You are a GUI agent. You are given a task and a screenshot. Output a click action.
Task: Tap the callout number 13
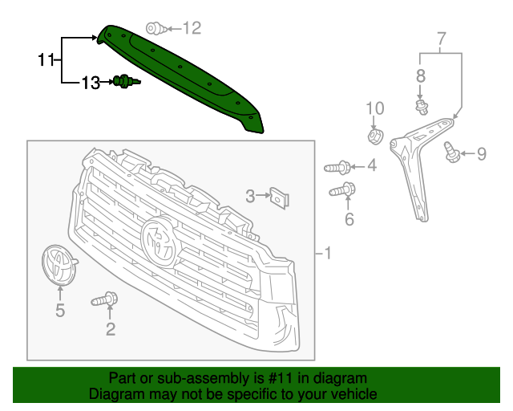(90, 82)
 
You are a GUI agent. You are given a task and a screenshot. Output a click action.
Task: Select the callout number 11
(46, 59)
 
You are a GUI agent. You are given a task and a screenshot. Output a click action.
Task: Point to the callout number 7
(440, 38)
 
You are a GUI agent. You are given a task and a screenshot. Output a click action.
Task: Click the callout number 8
(421, 76)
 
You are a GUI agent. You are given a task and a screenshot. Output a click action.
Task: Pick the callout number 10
(375, 108)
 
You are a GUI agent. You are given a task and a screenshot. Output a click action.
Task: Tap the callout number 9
(481, 153)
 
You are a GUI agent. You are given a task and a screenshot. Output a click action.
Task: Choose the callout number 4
(371, 167)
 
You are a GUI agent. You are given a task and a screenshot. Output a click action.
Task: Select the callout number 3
(250, 196)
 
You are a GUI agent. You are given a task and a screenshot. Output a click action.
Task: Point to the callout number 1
(327, 254)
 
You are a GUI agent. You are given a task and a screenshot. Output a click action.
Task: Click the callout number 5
(60, 311)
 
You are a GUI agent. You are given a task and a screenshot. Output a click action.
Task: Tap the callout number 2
(111, 328)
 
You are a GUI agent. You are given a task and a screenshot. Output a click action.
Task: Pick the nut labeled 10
(374, 136)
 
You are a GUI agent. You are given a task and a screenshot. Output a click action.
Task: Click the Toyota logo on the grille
(160, 241)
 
